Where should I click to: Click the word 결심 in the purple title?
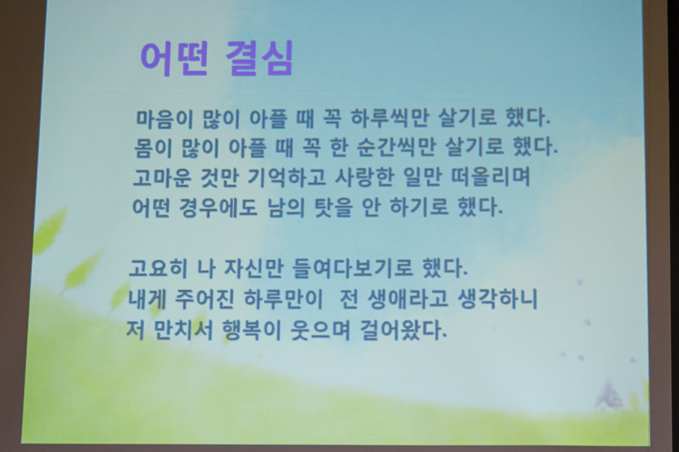pos(260,58)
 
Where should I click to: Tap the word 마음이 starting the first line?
pos(165,119)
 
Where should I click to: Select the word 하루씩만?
pos(390,118)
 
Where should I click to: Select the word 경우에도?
pos(218,207)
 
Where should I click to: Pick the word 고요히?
pos(158,268)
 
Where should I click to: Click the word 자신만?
pos(253,268)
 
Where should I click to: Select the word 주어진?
pos(205,299)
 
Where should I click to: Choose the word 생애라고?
pos(407,299)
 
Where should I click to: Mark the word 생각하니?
pos(497,299)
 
